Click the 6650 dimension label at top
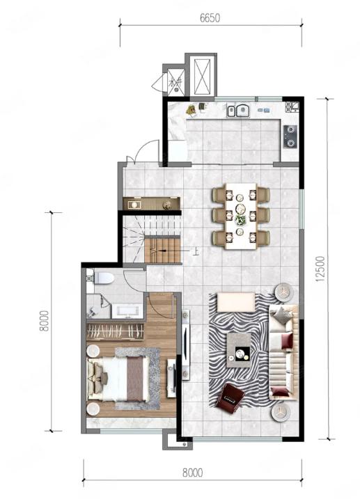[210, 18]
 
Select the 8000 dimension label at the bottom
[193, 473]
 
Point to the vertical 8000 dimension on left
[45, 321]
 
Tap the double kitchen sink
[238, 110]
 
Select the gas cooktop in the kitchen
[290, 136]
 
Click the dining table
[241, 216]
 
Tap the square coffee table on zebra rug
[239, 350]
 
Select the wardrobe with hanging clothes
[115, 332]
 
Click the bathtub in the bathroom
[127, 311]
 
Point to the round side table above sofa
[283, 292]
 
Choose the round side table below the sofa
[281, 412]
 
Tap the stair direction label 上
[196, 252]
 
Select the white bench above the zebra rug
[236, 302]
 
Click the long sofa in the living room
[283, 352]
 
